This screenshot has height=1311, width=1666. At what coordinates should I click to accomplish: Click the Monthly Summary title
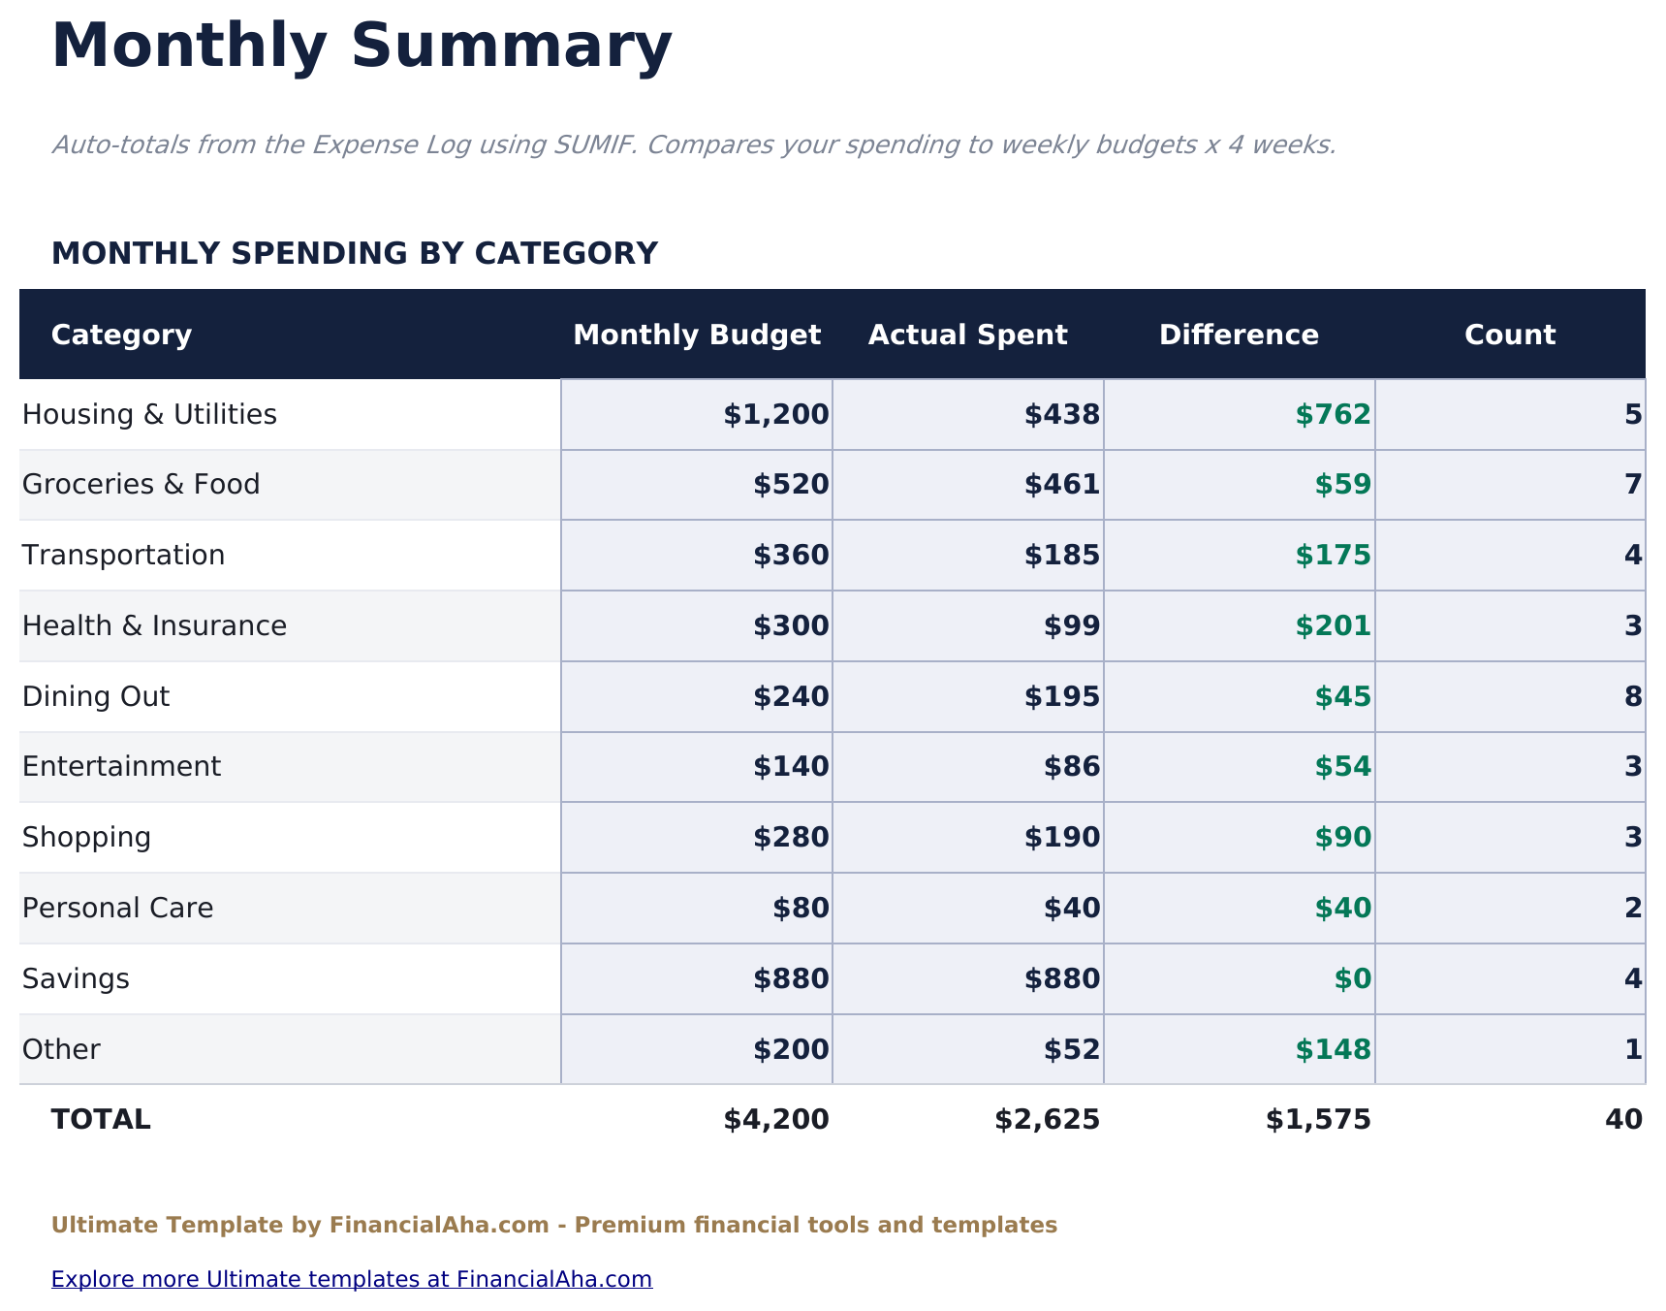361,47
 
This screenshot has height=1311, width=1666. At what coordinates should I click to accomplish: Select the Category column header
121,335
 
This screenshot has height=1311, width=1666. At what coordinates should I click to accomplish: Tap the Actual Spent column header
967,335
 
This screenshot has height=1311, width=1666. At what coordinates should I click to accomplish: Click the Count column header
1509,335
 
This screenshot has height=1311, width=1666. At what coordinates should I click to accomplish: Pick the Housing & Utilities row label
149,415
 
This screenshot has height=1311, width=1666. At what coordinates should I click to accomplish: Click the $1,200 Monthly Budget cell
775,415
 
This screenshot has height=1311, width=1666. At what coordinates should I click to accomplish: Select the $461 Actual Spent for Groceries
1061,485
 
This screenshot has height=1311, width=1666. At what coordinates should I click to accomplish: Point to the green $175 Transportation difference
1333,556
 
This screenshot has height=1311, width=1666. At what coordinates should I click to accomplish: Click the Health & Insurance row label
154,626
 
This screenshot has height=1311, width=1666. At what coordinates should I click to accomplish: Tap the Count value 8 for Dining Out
1632,697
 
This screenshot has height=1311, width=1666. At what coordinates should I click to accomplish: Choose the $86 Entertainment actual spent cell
1071,767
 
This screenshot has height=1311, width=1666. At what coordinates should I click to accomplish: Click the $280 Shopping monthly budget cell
791,838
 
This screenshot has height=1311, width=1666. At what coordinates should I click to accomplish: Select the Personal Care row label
117,909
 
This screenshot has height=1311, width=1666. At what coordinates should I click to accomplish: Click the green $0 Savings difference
1352,979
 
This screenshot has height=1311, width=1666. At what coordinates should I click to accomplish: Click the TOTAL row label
101,1120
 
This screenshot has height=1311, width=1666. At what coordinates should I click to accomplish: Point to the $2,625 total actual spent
1047,1120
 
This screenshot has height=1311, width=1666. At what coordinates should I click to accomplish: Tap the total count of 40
1623,1120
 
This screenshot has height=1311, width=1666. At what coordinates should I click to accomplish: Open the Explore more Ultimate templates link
351,1279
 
